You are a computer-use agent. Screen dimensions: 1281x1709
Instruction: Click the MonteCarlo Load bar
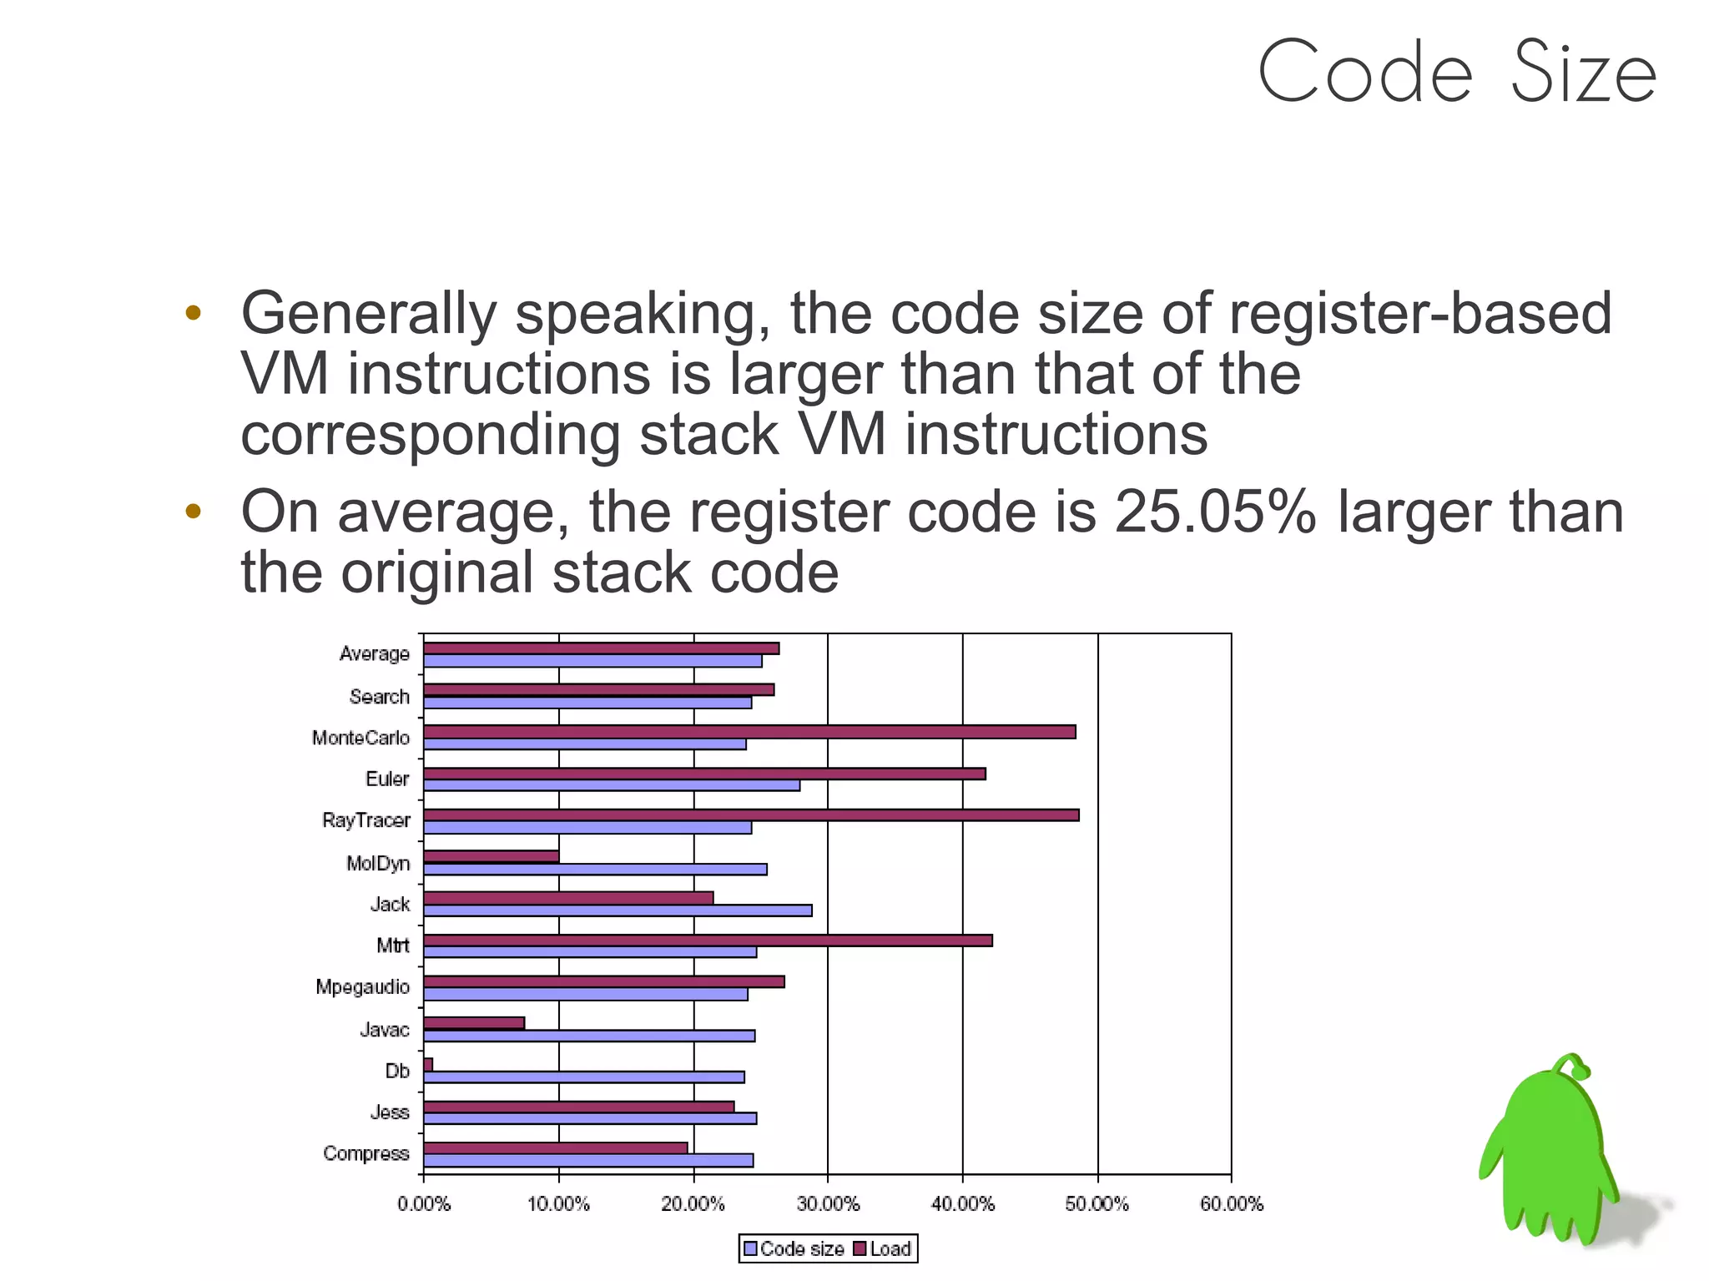pyautogui.click(x=749, y=732)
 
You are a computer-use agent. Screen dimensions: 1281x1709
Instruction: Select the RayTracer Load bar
pyautogui.click(x=751, y=814)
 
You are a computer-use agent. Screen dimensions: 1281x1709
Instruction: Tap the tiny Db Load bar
pyautogui.click(x=428, y=1065)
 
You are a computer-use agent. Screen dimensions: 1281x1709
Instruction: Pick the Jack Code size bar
pyautogui.click(x=618, y=910)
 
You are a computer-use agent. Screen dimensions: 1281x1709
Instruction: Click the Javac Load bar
pyautogui.click(x=474, y=1023)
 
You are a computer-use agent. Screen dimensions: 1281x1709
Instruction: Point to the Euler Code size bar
pyautogui.click(x=612, y=785)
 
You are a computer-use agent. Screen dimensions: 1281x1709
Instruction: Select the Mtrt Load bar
pyautogui.click(x=708, y=941)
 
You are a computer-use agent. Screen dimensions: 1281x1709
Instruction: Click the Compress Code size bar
pyautogui.click(x=588, y=1160)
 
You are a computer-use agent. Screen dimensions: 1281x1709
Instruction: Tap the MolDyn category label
pyautogui.click(x=378, y=863)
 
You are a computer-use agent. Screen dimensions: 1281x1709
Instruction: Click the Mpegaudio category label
pyautogui.click(x=362, y=986)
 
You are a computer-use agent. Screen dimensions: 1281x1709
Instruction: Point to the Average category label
pyautogui.click(x=374, y=653)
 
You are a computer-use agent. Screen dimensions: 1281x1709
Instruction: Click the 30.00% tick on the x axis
pyautogui.click(x=828, y=1203)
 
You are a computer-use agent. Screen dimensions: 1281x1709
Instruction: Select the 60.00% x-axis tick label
pyautogui.click(x=1232, y=1203)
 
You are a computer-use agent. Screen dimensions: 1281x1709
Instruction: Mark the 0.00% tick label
pyautogui.click(x=424, y=1203)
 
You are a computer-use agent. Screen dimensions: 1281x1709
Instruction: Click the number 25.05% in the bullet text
pyautogui.click(x=1215, y=511)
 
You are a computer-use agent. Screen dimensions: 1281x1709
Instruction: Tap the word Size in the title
pyautogui.click(x=1582, y=73)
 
